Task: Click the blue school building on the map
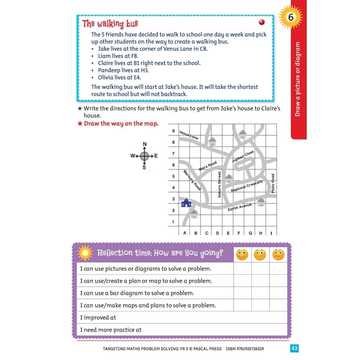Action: (x=186, y=203)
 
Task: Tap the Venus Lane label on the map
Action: (x=189, y=135)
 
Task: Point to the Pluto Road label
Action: (x=273, y=183)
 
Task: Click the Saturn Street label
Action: (x=219, y=184)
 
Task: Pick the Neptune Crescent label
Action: (x=247, y=186)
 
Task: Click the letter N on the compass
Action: (x=145, y=144)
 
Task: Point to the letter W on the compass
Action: (x=132, y=156)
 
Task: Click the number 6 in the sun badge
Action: (x=291, y=17)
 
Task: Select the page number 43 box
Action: (x=294, y=348)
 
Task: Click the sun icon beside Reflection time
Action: (x=85, y=253)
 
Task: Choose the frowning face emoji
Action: (x=278, y=255)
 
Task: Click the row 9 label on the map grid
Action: (x=173, y=131)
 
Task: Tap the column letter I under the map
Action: (x=271, y=233)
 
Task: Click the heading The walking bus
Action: (x=110, y=24)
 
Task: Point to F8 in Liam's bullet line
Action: (x=134, y=56)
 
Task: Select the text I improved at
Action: (x=98, y=318)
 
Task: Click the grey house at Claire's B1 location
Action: (x=194, y=215)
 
